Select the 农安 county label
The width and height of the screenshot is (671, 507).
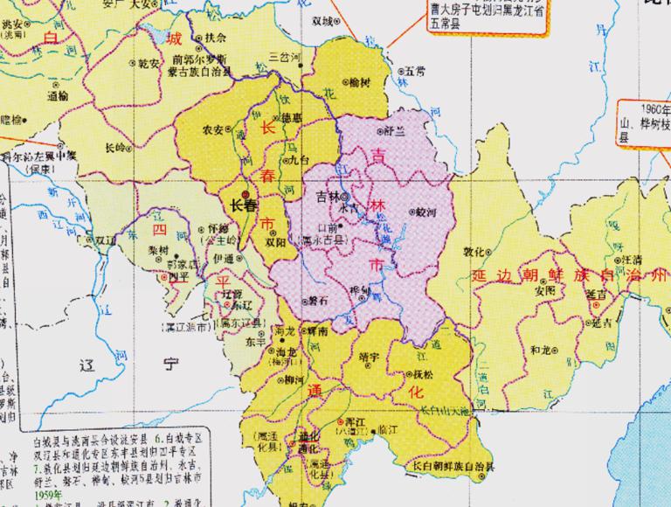tap(212, 128)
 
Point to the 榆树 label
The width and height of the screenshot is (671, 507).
tap(359, 81)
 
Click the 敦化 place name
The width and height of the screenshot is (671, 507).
tap(474, 252)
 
